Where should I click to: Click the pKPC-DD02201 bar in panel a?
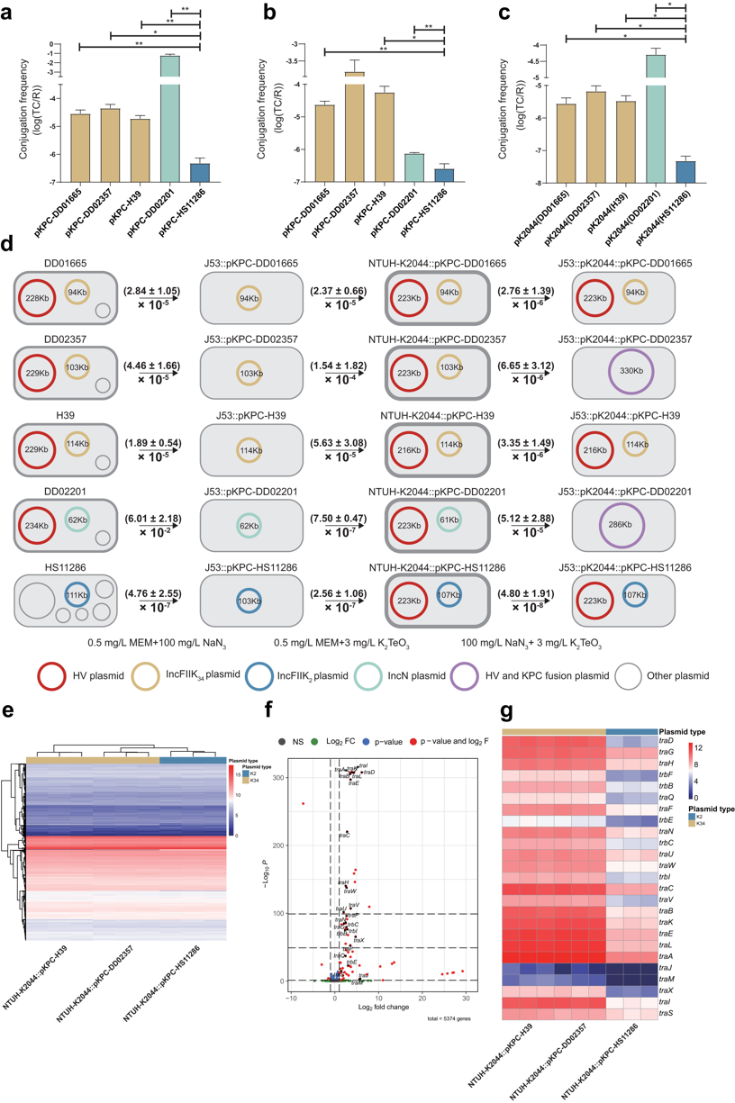point(168,117)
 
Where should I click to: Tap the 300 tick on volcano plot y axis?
point(317,776)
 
